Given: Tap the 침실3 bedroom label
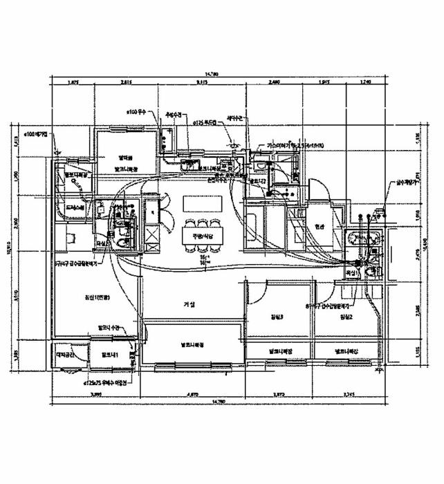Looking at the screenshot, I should point(277,317).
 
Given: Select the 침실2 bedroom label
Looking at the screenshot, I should point(346,317).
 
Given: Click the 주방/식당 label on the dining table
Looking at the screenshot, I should point(194,238).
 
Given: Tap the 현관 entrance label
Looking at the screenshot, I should point(319,226).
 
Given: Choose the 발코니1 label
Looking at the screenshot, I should point(110,355).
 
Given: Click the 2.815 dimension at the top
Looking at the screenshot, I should point(126,82).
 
